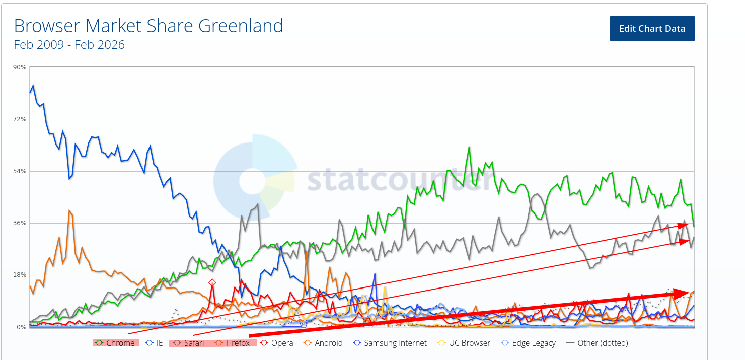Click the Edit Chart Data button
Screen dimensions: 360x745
click(x=652, y=29)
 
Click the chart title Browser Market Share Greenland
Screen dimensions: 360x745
click(x=148, y=26)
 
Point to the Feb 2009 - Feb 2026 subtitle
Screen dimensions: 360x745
click(x=69, y=45)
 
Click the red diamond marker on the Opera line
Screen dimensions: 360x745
click(x=212, y=283)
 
